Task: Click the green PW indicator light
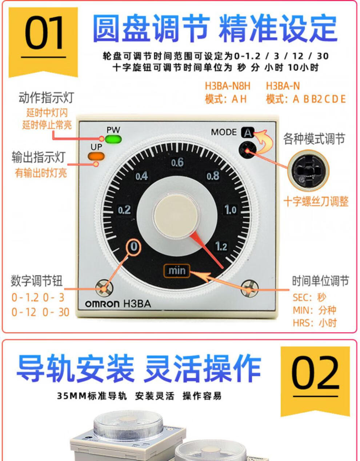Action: click(113, 139)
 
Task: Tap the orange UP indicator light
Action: click(96, 156)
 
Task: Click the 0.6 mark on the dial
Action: click(177, 163)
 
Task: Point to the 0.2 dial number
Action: click(124, 210)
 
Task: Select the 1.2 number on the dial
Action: click(221, 246)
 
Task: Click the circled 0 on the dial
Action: click(134, 247)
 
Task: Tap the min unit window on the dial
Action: click(177, 271)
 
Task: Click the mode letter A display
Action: click(248, 133)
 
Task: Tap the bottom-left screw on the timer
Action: click(104, 288)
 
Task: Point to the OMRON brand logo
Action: click(102, 304)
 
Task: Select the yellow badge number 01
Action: click(44, 33)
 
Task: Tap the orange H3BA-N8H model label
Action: click(227, 86)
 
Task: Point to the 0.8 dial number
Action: click(213, 176)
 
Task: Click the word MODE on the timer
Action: click(224, 132)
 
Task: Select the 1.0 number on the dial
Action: click(231, 210)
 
